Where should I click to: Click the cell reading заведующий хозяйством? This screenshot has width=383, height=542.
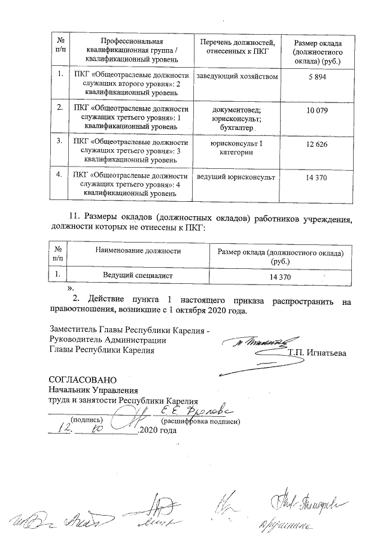click(237, 77)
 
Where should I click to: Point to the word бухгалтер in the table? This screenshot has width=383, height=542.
click(237, 128)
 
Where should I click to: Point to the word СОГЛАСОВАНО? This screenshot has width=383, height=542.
click(78, 380)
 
